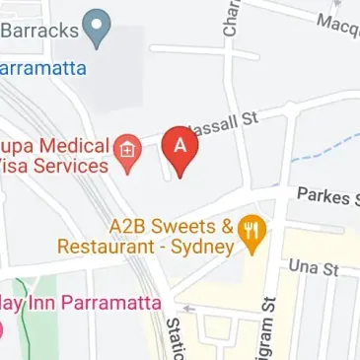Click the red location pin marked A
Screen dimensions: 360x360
click(180, 149)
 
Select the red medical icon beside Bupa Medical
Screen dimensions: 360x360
click(128, 153)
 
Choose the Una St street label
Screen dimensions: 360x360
click(314, 267)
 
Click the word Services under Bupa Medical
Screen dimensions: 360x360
click(70, 166)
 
